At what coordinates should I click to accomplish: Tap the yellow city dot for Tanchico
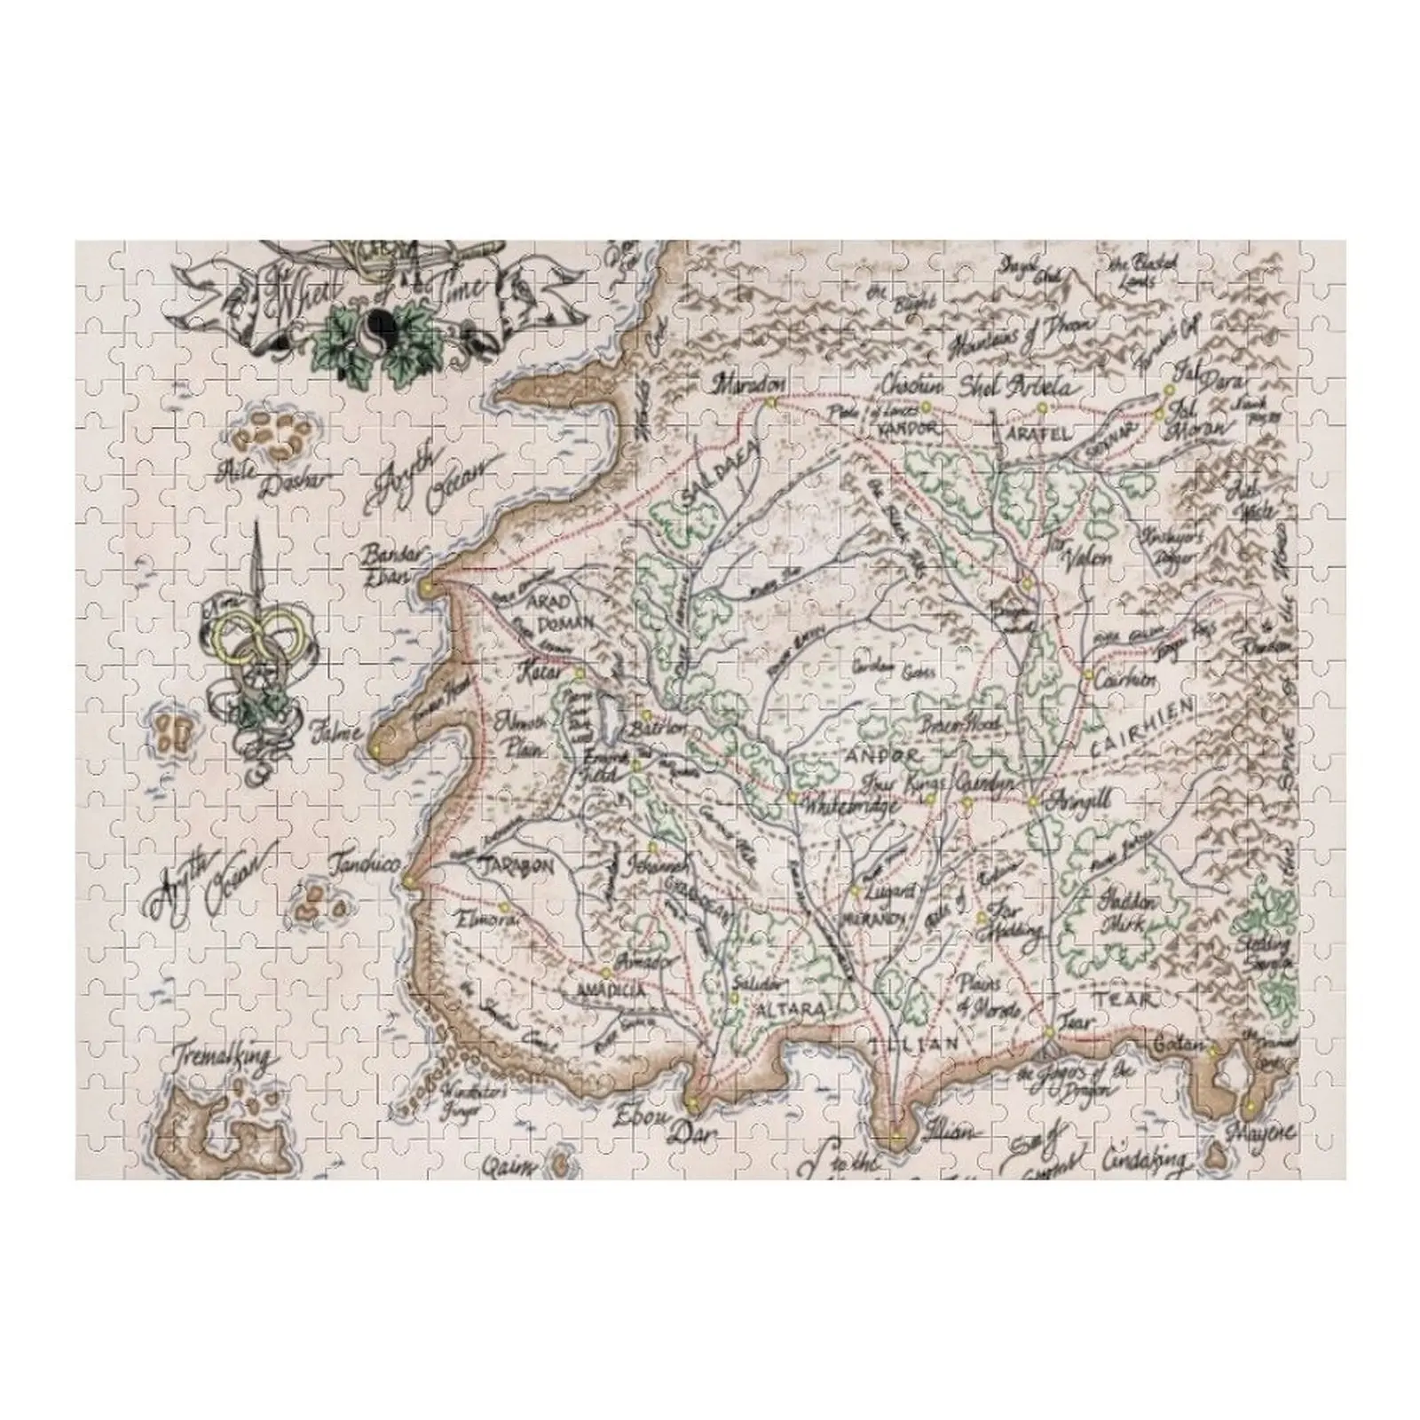408,880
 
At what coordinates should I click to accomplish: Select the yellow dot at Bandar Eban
427,587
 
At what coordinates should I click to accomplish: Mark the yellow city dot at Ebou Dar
691,1102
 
